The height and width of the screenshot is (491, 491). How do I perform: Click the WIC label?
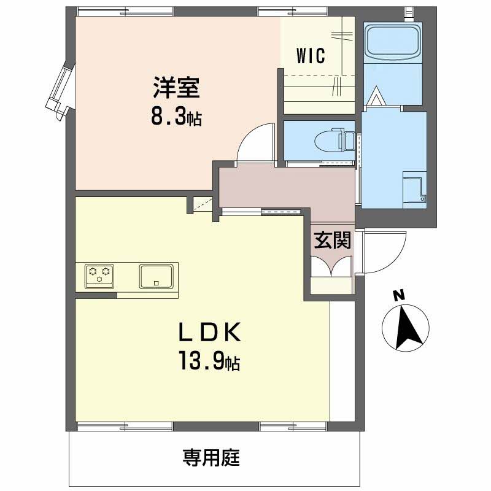[x=311, y=56]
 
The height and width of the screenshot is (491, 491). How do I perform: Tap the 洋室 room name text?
[x=177, y=87]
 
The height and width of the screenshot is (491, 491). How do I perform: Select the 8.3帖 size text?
[x=176, y=117]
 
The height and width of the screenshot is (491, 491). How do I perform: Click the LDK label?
[x=209, y=332]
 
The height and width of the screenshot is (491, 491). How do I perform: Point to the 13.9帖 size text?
[x=209, y=361]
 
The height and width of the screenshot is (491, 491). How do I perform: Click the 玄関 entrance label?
[x=333, y=240]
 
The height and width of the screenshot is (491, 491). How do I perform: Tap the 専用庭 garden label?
[x=212, y=457]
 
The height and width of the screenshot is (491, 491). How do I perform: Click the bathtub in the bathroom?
[x=393, y=41]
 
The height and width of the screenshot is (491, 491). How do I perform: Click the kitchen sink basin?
[x=157, y=276]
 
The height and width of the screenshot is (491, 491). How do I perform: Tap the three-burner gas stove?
[x=99, y=276]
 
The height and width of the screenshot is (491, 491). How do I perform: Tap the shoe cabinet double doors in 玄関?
[x=332, y=266]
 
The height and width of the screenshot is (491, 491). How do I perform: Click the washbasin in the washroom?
[x=414, y=190]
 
